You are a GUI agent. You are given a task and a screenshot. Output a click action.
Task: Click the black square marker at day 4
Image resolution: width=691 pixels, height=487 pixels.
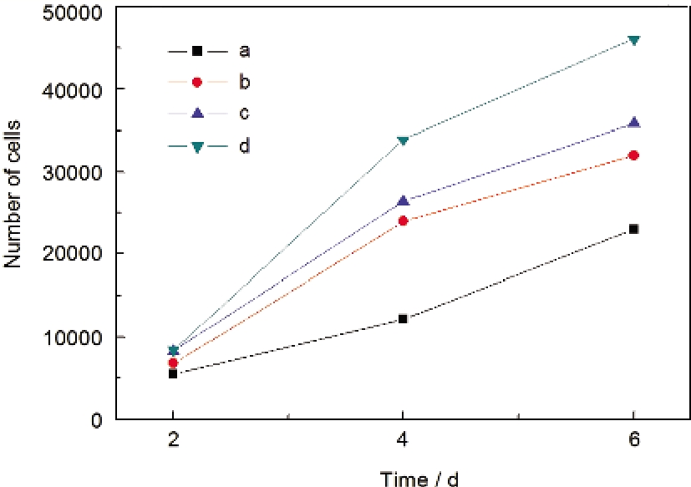tap(403, 318)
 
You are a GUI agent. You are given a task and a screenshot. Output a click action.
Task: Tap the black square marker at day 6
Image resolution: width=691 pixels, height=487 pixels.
tap(633, 229)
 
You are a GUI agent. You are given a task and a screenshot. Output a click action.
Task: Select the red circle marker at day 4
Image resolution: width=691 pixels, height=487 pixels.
tap(403, 221)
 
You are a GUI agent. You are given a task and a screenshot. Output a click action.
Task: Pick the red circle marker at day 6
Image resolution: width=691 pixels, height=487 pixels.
tap(633, 155)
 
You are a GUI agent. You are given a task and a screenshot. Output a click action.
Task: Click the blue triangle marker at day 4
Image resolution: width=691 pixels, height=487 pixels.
tap(403, 200)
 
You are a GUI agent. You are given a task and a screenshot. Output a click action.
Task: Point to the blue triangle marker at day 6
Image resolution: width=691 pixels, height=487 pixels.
tap(633, 123)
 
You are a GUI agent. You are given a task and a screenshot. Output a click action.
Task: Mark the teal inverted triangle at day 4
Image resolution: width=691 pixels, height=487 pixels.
tap(403, 140)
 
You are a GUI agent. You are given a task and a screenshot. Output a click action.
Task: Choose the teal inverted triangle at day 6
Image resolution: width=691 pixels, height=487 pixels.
tap(633, 40)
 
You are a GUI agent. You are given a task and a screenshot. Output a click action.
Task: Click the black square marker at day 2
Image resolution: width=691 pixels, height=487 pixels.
tap(173, 373)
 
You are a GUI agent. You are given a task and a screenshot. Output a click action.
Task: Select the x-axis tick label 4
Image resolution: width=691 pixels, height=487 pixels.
tap(403, 440)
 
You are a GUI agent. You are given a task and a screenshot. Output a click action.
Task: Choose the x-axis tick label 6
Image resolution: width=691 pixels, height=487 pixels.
tap(633, 440)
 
